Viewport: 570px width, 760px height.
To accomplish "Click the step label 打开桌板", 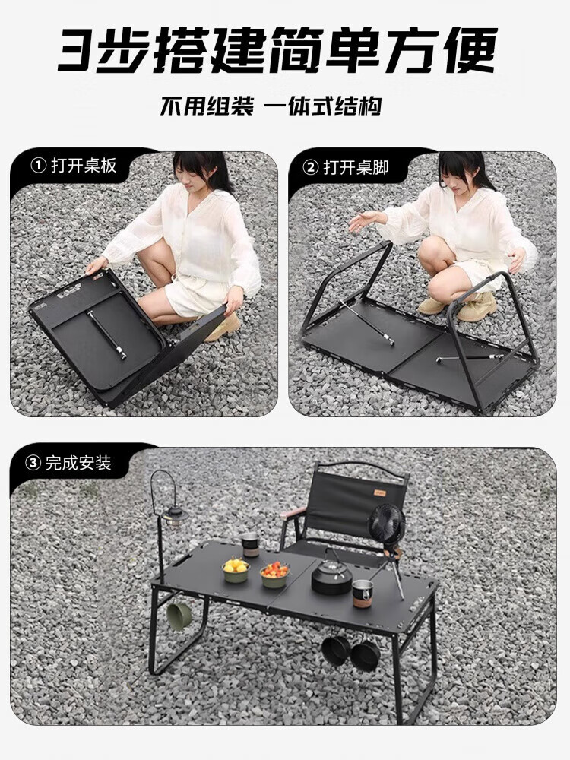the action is tap(84, 166).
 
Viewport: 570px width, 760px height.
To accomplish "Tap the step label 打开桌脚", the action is tap(356, 168).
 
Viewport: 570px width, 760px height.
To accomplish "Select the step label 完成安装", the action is tap(78, 463).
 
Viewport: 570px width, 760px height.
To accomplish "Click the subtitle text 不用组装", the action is tap(207, 106).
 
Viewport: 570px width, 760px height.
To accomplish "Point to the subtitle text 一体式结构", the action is tap(323, 106).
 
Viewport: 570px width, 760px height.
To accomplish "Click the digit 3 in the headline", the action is tap(77, 50).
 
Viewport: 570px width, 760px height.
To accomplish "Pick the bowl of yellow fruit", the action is tap(236, 571).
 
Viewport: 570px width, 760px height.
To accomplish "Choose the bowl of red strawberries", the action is tap(275, 575).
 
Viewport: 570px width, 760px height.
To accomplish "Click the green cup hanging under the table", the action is tap(179, 616).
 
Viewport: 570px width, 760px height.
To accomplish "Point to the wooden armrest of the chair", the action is tap(293, 512).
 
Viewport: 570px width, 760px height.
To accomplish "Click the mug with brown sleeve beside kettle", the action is tap(362, 594).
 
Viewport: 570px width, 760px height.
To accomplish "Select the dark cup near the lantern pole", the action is tap(251, 544).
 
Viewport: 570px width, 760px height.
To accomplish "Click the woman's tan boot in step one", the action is tap(224, 326).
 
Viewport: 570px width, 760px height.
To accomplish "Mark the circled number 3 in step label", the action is tap(33, 463).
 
